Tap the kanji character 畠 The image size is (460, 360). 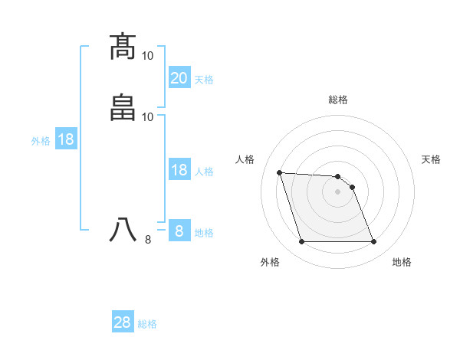(124, 106)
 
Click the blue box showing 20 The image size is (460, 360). (179, 77)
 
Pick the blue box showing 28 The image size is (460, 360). (123, 322)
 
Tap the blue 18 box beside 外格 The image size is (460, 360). (65, 139)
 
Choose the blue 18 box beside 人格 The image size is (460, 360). (179, 170)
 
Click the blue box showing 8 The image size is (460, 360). (179, 231)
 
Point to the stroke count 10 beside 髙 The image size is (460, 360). (148, 56)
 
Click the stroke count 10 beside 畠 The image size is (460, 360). (148, 116)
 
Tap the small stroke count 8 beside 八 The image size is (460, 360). (148, 240)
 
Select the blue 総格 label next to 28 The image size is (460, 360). (147, 324)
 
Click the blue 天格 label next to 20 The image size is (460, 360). (204, 80)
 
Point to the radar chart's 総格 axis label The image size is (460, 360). (338, 100)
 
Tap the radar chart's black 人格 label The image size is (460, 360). (245, 159)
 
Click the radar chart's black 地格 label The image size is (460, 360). (402, 262)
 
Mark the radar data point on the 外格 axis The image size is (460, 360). (301, 242)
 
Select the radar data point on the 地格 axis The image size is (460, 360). (374, 242)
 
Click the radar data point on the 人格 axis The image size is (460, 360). (279, 172)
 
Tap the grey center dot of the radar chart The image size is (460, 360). (338, 191)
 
